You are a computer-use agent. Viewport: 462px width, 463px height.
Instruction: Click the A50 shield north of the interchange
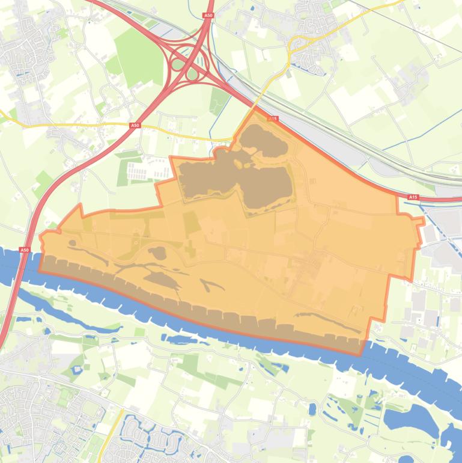pos(208,16)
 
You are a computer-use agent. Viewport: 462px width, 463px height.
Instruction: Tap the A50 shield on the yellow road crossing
pos(135,125)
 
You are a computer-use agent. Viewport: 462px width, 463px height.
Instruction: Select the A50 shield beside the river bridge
pos(24,250)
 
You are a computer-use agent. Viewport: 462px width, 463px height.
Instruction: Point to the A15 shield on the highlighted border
pos(273,119)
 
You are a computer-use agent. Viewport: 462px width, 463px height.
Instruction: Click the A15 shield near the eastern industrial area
pos(413,197)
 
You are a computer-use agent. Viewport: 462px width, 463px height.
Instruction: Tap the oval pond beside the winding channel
pos(158,253)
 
